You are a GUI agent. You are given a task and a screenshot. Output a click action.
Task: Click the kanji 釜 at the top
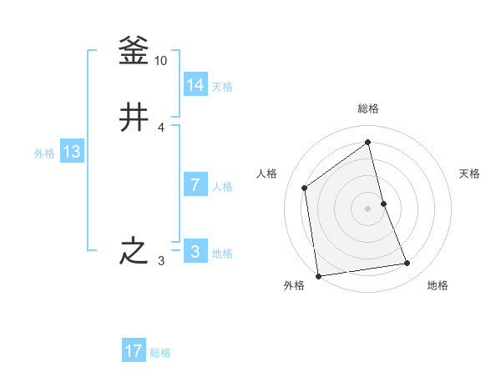[134, 52]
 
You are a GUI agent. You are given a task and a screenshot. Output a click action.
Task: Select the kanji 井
[134, 118]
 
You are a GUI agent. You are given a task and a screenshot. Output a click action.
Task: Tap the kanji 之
[134, 251]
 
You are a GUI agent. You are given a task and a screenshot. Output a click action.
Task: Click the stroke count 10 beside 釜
[161, 61]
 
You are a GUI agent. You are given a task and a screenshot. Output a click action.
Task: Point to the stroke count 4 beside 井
[161, 127]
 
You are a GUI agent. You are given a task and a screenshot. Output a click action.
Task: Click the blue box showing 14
[195, 85]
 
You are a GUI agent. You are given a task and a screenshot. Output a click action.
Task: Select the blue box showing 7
[195, 185]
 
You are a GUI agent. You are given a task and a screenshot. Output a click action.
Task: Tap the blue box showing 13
[72, 152]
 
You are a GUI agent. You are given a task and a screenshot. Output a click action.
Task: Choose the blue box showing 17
[134, 351]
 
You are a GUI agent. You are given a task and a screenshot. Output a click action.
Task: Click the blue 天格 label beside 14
[222, 87]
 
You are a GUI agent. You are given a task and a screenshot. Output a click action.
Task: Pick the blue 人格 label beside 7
[222, 187]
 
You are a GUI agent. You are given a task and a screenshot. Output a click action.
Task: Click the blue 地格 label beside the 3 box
[222, 254]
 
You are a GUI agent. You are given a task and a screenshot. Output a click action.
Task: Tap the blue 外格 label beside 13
[44, 153]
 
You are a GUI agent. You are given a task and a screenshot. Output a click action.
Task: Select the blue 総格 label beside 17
[160, 353]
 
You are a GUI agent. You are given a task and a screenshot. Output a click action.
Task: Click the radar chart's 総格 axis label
[368, 108]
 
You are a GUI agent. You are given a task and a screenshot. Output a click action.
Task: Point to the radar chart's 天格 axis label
[470, 173]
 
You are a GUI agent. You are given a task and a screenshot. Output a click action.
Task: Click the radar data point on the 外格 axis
[318, 276]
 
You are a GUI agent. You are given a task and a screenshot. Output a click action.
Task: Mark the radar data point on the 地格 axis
[407, 264]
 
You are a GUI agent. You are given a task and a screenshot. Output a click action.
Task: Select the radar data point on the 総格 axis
[368, 143]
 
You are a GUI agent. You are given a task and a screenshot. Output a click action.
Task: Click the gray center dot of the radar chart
[368, 209]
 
